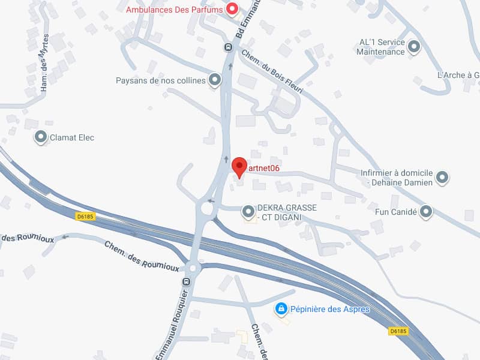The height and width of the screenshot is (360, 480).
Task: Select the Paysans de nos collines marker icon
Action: point(214,80)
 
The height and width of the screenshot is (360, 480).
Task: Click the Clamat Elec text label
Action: point(72,137)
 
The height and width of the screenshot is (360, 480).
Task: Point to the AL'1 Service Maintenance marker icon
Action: point(414,47)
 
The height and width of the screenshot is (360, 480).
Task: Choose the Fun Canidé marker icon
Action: point(426,211)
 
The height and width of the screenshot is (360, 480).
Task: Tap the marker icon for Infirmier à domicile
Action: point(442,177)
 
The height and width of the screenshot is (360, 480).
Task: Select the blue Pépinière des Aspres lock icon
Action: point(281,309)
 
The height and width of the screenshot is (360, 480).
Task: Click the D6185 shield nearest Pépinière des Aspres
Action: point(398,331)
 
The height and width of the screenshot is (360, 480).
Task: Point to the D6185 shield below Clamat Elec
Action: point(86,217)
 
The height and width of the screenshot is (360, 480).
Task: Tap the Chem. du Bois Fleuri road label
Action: point(272,71)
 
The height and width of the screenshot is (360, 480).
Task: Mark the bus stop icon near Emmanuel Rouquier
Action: point(186,281)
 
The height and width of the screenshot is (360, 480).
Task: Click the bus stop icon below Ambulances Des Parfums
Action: point(228,47)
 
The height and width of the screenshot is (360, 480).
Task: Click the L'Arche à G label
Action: point(458,76)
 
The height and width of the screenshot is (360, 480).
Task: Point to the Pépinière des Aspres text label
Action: point(329,310)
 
